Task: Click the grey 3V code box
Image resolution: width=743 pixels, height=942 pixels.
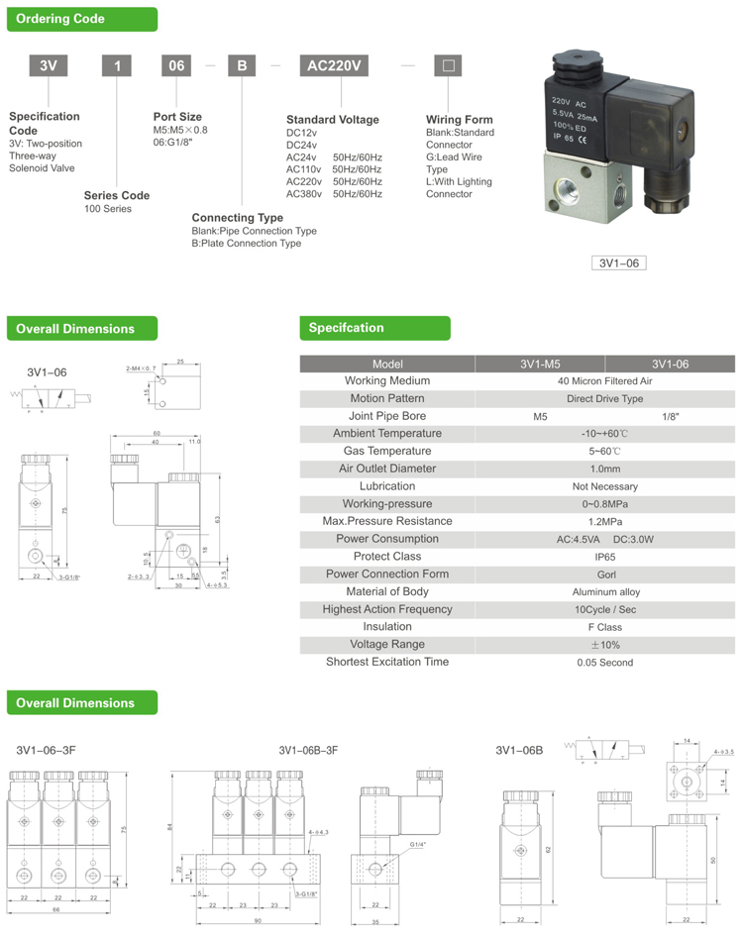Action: click(47, 66)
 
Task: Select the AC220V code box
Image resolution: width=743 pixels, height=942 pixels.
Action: click(339, 66)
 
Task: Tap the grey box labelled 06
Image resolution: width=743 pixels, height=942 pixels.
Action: click(176, 66)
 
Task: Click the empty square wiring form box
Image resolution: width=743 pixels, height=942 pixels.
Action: click(448, 66)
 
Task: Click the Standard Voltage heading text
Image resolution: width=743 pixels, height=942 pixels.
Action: click(332, 120)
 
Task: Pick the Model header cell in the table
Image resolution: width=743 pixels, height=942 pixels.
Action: click(387, 364)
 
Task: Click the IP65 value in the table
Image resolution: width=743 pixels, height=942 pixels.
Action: click(604, 558)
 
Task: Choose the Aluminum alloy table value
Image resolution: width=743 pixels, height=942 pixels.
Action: click(605, 592)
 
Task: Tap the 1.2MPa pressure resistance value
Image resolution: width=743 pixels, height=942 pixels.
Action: click(605, 522)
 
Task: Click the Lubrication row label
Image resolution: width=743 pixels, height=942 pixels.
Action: click(387, 486)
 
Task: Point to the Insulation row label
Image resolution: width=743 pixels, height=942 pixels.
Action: click(387, 627)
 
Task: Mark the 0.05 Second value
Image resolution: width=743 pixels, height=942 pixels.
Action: click(605, 663)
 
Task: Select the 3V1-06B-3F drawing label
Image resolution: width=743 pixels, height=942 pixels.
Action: click(308, 750)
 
